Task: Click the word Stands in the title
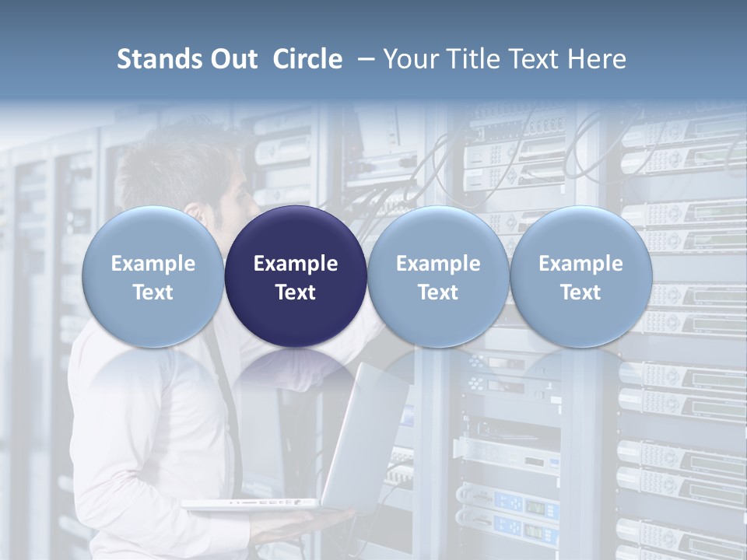(x=155, y=59)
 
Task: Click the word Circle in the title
(x=307, y=59)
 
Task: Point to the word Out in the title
(x=231, y=59)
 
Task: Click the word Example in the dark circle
(x=296, y=264)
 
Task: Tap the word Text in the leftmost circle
(x=153, y=292)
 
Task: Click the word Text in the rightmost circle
(x=580, y=292)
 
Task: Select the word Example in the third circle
(x=438, y=264)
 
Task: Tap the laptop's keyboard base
(x=249, y=504)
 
